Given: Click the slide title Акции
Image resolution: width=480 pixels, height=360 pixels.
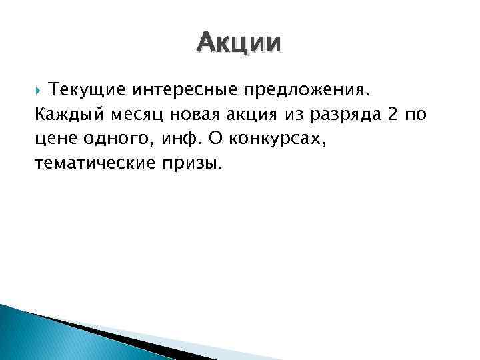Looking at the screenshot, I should [239, 43].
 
